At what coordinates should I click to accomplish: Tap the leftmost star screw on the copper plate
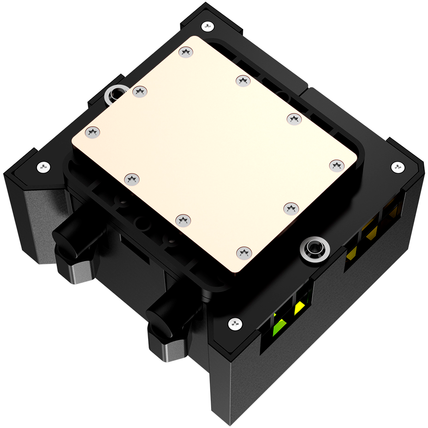[92, 132]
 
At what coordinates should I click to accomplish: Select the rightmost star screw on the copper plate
[337, 165]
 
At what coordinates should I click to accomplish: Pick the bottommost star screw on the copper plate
[244, 252]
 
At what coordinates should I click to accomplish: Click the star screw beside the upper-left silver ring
[139, 92]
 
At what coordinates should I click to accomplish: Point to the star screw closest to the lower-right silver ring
[291, 208]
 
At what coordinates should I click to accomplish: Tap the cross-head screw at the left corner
[44, 166]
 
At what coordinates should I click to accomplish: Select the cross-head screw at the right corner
[397, 166]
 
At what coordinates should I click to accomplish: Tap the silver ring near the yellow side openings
[314, 249]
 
